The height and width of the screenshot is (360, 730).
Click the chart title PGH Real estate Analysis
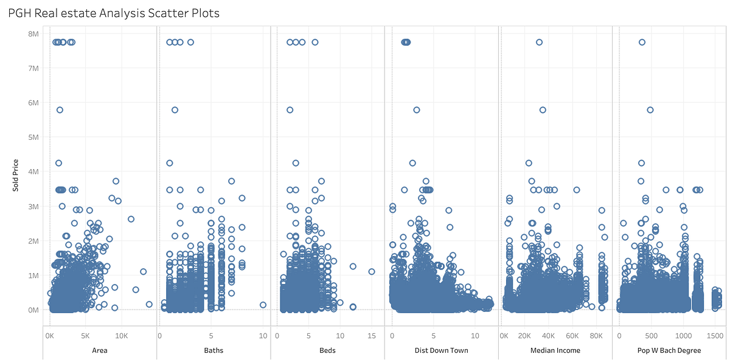click(x=114, y=12)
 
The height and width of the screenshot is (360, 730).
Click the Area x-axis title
click(x=99, y=350)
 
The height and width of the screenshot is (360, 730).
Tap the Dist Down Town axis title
click(x=441, y=350)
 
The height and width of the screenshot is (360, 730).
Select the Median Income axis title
click(x=555, y=350)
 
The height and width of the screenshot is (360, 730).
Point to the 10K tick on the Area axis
click(x=121, y=335)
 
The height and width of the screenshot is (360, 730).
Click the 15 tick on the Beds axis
click(x=371, y=335)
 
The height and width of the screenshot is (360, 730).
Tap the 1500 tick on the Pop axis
click(x=715, y=335)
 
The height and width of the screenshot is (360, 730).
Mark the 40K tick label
click(x=549, y=335)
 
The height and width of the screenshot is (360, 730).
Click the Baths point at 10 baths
click(x=263, y=305)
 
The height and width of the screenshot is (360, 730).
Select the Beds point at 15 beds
click(x=371, y=272)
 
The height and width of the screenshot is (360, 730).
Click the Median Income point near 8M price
click(x=539, y=42)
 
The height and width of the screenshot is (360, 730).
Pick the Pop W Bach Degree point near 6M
click(x=650, y=110)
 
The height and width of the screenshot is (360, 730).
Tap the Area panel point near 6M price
click(x=60, y=110)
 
